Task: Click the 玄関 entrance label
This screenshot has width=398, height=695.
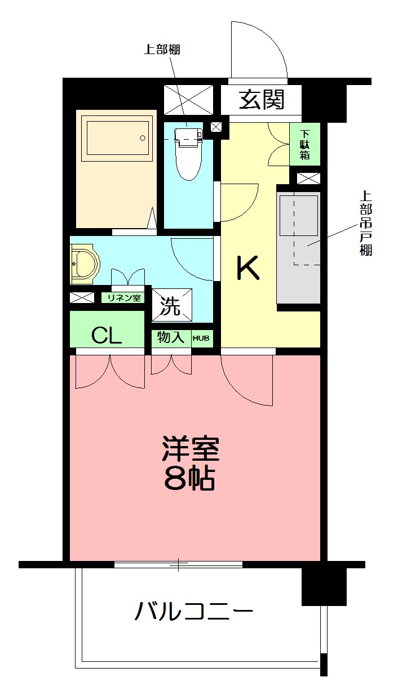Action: click(x=262, y=100)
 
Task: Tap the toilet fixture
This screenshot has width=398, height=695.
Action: click(x=188, y=151)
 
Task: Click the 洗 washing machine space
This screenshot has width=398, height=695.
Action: click(x=171, y=306)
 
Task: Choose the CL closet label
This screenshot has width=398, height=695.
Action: click(x=107, y=336)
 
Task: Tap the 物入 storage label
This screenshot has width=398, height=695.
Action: click(x=171, y=338)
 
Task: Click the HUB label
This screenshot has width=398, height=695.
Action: click(x=201, y=338)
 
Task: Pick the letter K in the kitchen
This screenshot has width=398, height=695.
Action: click(x=247, y=268)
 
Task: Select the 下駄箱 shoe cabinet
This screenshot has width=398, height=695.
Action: click(x=305, y=145)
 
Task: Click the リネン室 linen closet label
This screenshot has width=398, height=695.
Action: click(x=124, y=298)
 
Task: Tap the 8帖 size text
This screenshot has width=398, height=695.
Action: click(x=190, y=479)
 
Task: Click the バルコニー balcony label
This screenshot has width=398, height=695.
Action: click(x=193, y=611)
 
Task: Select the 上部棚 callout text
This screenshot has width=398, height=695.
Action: click(x=162, y=49)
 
